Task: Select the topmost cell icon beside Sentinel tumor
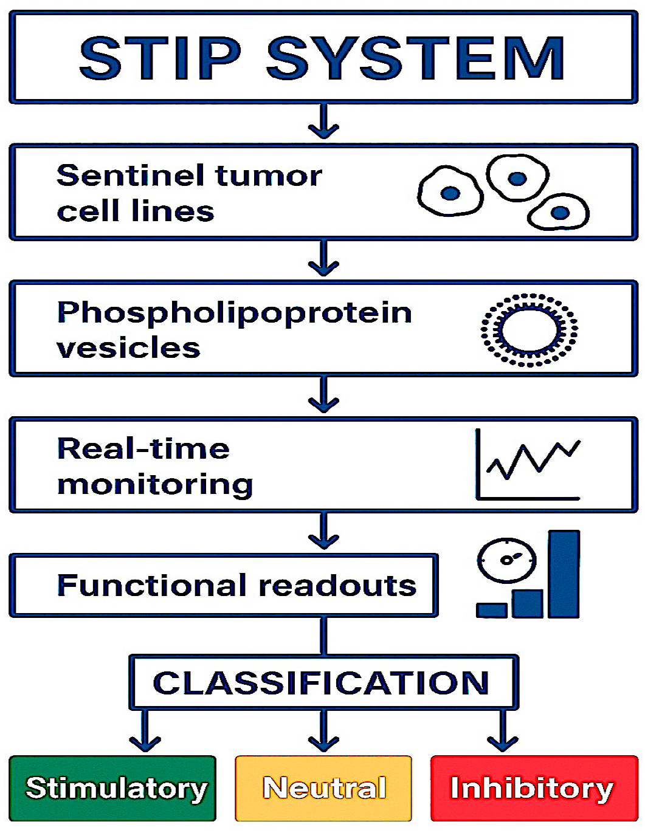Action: pyautogui.click(x=517, y=177)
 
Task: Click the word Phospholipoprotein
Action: pyautogui.click(x=234, y=313)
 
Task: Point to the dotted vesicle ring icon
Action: pyautogui.click(x=529, y=330)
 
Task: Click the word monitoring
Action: pyautogui.click(x=154, y=485)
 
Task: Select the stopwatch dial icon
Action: pyautogui.click(x=506, y=560)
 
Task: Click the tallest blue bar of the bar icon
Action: pyautogui.click(x=564, y=574)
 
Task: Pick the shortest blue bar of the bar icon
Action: pyautogui.click(x=491, y=610)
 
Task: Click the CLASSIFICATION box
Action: pyautogui.click(x=323, y=682)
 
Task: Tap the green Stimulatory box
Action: pyautogui.click(x=113, y=788)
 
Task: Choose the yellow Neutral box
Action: pyautogui.click(x=323, y=788)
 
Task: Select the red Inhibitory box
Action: pyautogui.click(x=533, y=788)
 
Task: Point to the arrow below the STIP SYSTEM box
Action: pyautogui.click(x=323, y=122)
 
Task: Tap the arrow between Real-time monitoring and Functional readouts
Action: pyautogui.click(x=323, y=532)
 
